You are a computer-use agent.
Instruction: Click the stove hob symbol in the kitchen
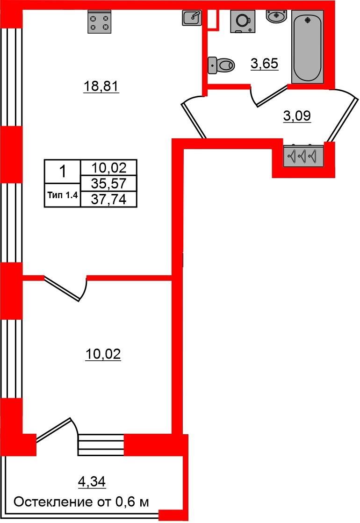click(101, 22)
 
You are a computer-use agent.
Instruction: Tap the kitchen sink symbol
click(192, 18)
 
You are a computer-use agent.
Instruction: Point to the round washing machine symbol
click(243, 21)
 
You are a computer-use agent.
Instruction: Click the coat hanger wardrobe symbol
click(303, 156)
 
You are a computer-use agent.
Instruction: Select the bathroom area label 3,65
click(265, 63)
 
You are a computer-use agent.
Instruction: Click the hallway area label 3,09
click(297, 115)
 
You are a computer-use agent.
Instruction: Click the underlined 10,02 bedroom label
click(103, 355)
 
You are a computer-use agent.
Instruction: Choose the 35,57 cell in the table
click(109, 183)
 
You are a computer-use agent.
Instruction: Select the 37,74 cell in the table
click(109, 199)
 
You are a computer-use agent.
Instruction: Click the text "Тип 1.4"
click(63, 196)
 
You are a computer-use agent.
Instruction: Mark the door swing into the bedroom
click(70, 290)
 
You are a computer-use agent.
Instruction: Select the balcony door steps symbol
click(101, 444)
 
